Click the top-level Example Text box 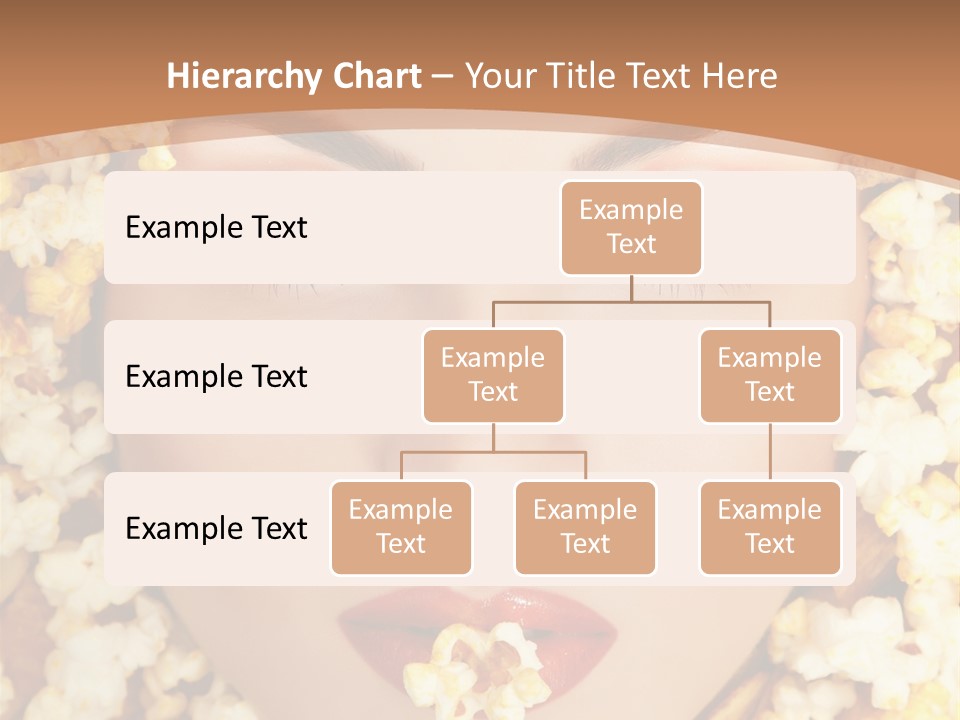click(x=631, y=227)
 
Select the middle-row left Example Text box click(x=493, y=375)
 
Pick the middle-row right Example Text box click(x=770, y=375)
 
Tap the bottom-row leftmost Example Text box click(x=401, y=527)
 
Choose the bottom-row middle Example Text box click(x=585, y=527)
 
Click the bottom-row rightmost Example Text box click(x=770, y=527)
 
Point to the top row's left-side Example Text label click(x=216, y=227)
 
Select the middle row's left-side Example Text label click(x=216, y=376)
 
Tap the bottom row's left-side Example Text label click(x=216, y=528)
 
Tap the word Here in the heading click(x=739, y=76)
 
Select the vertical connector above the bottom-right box click(x=770, y=452)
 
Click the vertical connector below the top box click(x=631, y=288)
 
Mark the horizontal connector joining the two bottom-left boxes click(x=493, y=452)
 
